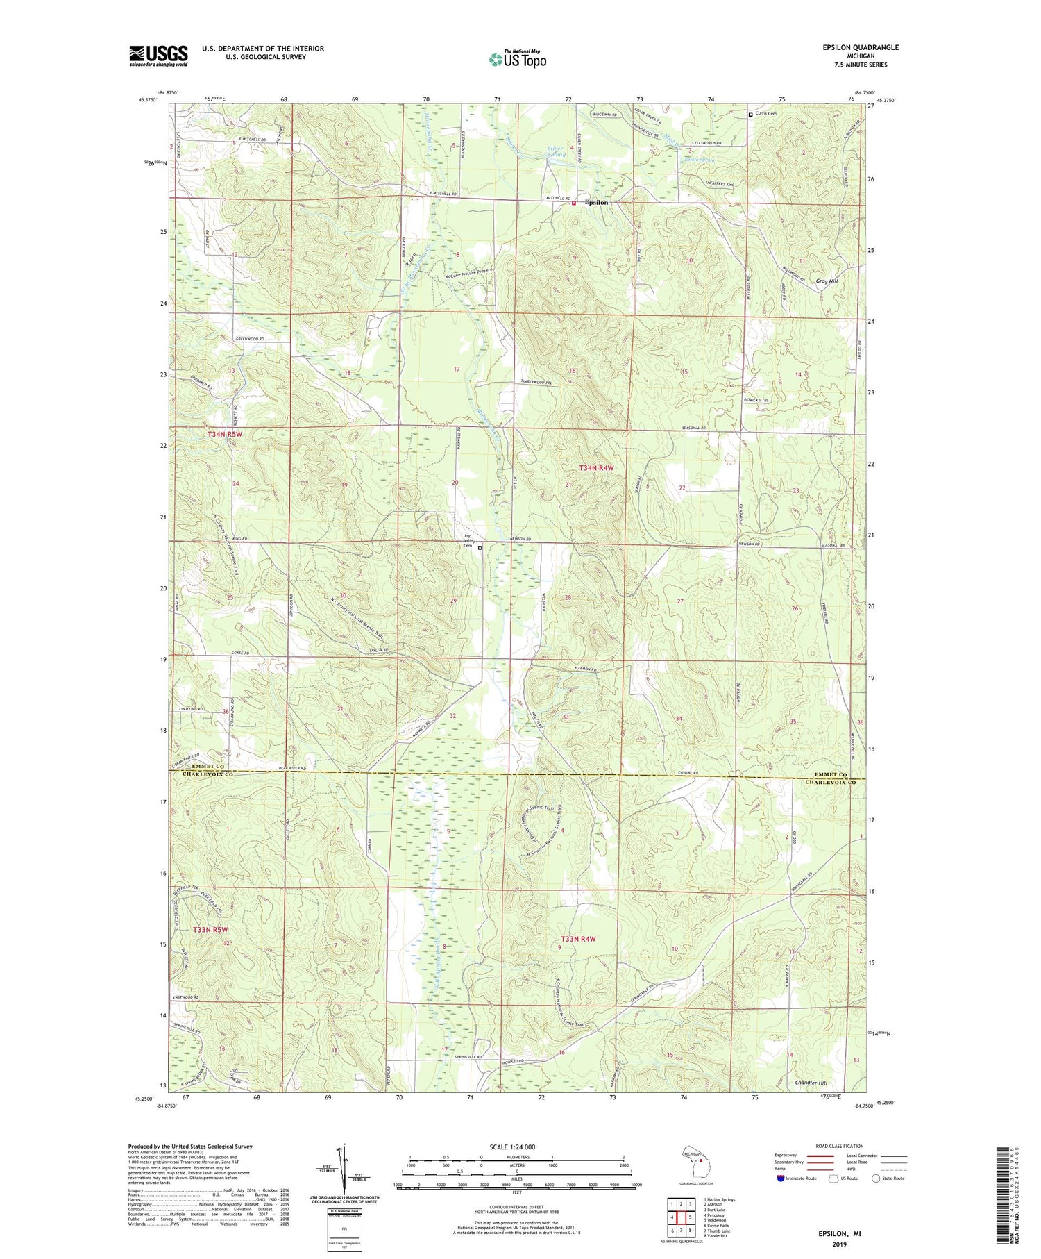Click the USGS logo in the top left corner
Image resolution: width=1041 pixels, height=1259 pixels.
point(158,56)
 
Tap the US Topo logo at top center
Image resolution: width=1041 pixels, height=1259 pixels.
point(517,60)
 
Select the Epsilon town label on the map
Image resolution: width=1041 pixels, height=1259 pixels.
point(596,202)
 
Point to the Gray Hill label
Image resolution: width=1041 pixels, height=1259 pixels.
point(827,281)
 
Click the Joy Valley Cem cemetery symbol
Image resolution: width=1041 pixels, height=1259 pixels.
point(480,547)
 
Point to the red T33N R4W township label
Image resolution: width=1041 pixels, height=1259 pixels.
point(578,939)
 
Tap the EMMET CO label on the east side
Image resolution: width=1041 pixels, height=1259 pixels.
point(831,774)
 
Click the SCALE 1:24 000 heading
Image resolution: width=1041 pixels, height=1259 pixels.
point(516,1147)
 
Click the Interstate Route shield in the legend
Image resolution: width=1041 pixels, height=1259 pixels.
point(781,1178)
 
